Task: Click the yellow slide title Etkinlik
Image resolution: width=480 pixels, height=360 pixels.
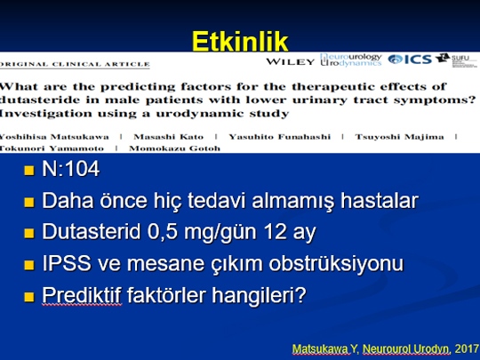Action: click(x=240, y=41)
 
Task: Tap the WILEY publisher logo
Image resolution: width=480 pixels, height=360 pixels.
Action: click(x=290, y=61)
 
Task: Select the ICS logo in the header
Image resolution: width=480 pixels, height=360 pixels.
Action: click(x=410, y=59)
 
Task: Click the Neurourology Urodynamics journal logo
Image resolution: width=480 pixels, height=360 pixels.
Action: click(x=351, y=60)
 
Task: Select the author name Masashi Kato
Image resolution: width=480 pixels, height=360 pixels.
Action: click(x=169, y=137)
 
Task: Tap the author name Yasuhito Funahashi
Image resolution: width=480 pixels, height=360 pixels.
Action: click(x=280, y=137)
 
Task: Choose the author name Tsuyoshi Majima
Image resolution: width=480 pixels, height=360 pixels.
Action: click(x=399, y=137)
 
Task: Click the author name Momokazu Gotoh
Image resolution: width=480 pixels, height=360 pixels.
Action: click(x=174, y=148)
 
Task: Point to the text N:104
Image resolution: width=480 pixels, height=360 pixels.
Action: click(x=71, y=168)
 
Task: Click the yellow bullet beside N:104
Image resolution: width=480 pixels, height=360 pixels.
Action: click(x=29, y=170)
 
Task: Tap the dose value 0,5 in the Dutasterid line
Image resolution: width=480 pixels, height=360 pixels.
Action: click(x=163, y=231)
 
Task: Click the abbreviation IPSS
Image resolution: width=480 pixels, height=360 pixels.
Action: click(x=67, y=263)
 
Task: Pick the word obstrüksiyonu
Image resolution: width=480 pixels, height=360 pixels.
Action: click(x=336, y=263)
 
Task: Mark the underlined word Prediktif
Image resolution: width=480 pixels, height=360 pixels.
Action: click(x=82, y=295)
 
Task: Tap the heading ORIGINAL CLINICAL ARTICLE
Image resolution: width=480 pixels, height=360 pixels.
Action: click(x=75, y=64)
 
